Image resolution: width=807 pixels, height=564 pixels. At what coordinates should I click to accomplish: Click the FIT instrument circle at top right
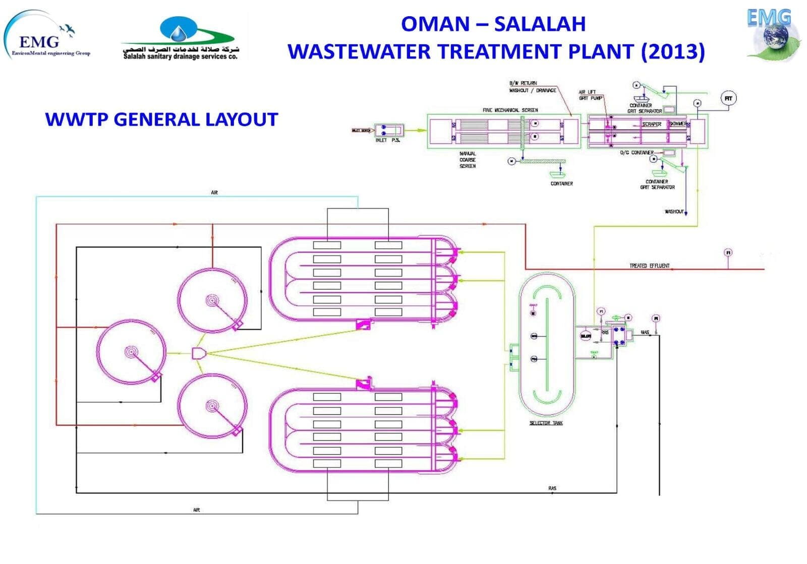(728, 98)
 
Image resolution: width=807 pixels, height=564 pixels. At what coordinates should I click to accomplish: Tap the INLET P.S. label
(387, 141)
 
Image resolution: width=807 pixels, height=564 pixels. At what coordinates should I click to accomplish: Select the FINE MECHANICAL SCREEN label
(510, 110)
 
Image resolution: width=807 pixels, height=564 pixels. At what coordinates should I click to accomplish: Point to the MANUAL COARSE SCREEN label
(467, 160)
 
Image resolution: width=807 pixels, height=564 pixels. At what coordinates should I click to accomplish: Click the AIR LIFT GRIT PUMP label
(590, 95)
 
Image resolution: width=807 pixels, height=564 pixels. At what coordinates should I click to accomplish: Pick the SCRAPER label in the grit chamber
(651, 124)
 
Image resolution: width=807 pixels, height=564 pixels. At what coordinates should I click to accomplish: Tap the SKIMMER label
(677, 123)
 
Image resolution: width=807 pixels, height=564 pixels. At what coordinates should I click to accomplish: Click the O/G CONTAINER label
(637, 152)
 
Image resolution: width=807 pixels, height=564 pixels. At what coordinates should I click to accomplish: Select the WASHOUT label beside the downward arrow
(674, 212)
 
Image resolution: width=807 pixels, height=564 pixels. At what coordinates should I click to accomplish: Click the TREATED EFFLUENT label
(649, 266)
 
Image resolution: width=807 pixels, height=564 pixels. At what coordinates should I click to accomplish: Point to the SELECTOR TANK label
(546, 423)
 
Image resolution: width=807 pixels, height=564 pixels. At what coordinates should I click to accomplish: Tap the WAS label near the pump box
(645, 333)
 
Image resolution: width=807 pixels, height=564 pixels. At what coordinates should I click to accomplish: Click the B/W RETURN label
(523, 83)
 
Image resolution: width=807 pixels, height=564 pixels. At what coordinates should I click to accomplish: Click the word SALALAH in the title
(540, 24)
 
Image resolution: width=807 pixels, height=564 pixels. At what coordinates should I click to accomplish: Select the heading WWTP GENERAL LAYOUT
(161, 119)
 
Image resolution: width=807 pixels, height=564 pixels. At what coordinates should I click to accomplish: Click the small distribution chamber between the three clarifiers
(198, 353)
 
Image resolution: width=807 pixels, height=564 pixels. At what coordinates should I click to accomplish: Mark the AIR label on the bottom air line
(197, 510)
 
